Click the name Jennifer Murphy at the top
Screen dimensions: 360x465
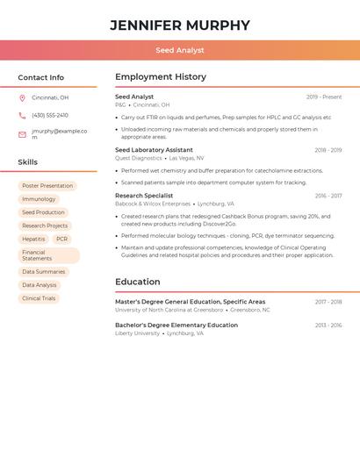(x=180, y=25)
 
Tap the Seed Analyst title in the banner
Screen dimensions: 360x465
(x=180, y=50)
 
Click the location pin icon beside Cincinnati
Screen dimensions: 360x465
(x=22, y=97)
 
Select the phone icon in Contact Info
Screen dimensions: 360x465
(x=22, y=115)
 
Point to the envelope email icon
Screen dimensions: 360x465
(x=22, y=134)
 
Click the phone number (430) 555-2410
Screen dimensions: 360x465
(x=50, y=115)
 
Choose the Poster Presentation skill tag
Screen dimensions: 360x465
(x=47, y=186)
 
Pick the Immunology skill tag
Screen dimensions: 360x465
(x=39, y=199)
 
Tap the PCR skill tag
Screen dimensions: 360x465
(x=61, y=239)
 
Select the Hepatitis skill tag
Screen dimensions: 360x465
(x=33, y=239)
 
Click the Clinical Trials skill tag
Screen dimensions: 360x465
(x=39, y=298)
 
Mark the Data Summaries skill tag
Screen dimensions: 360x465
(x=44, y=272)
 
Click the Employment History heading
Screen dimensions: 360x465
(x=161, y=77)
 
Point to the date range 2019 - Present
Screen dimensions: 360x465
(x=324, y=97)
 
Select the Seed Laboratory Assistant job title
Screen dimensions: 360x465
(x=154, y=150)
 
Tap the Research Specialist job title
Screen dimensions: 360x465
(x=144, y=196)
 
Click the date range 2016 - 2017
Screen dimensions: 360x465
(x=328, y=196)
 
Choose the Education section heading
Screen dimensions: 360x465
(x=138, y=282)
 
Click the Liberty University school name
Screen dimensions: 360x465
(x=137, y=333)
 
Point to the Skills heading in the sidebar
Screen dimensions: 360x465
(x=28, y=162)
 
